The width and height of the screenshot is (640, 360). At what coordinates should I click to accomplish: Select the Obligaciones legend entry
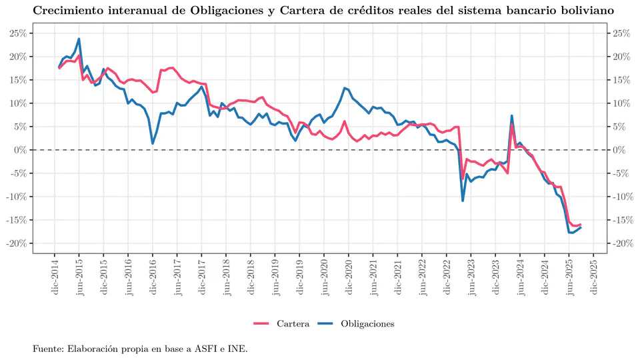point(367,323)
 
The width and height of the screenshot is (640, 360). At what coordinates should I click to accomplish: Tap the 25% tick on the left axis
point(17,33)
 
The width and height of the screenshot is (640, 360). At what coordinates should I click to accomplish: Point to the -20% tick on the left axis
point(16,243)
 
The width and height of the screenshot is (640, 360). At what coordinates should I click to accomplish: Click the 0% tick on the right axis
point(619,150)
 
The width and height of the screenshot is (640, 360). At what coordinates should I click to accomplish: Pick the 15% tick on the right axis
point(621,80)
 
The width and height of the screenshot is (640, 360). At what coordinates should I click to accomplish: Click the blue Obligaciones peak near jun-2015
point(79,39)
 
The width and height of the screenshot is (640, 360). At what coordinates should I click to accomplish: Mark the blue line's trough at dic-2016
point(153,143)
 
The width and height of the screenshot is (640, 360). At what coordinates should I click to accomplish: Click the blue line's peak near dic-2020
point(345,88)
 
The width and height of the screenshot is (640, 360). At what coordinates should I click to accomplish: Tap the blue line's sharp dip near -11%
point(463,201)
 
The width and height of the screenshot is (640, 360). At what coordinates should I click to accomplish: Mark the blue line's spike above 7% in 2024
point(511,116)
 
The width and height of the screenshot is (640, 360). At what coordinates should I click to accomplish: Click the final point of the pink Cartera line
point(581,225)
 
